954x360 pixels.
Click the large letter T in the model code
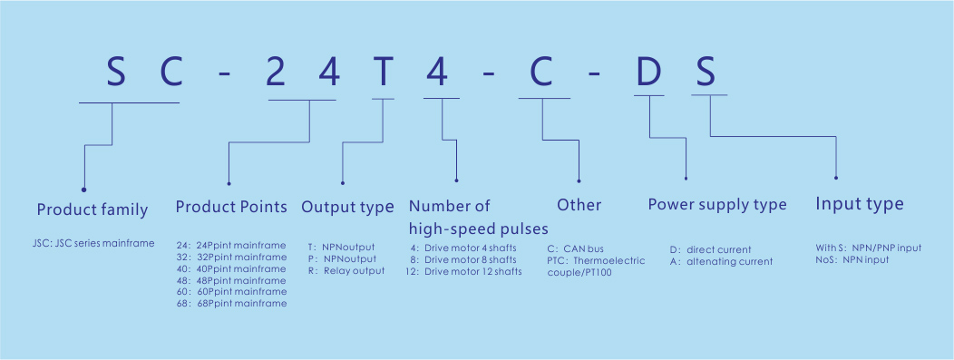[383, 73]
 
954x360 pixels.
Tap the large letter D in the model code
[648, 73]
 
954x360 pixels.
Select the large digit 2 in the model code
[277, 73]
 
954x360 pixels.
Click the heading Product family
[92, 209]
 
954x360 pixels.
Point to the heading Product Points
[231, 207]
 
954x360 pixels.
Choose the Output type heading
[348, 208]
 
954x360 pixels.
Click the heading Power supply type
[717, 205]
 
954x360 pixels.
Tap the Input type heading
[860, 204]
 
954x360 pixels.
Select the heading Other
[579, 205]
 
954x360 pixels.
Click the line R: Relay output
[346, 270]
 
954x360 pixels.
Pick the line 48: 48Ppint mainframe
[231, 280]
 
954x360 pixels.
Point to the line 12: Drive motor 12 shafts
[463, 271]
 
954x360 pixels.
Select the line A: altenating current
[721, 261]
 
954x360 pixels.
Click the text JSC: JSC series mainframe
[93, 244]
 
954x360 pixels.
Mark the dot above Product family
[84, 190]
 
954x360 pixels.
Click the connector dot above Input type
[836, 178]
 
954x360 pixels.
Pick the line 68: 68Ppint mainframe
[231, 303]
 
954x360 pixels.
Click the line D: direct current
[711, 249]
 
